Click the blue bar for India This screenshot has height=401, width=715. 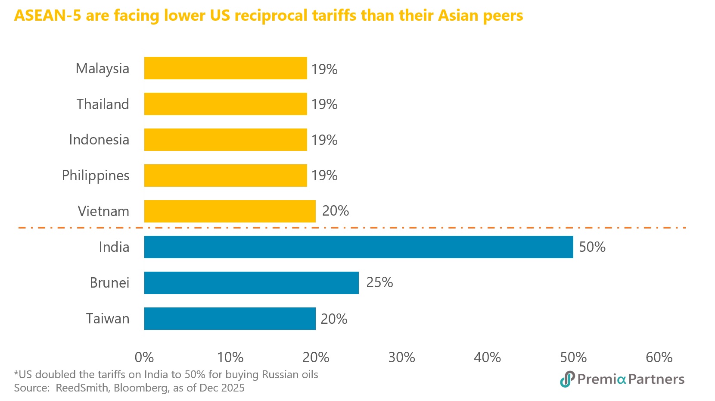(358, 247)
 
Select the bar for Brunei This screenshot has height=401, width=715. (251, 283)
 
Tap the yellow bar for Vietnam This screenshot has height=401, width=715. (230, 211)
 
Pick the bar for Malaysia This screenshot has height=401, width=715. (225, 68)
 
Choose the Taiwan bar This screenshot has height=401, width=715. (230, 319)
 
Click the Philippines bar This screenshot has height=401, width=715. (225, 175)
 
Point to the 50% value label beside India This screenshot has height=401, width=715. (592, 247)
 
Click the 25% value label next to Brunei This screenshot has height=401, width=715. (379, 282)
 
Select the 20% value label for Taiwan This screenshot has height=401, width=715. (334, 319)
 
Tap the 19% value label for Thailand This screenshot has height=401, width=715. (324, 104)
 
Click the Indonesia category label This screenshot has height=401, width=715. (99, 140)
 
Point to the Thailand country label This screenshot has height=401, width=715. (103, 104)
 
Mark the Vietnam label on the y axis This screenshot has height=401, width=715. (103, 211)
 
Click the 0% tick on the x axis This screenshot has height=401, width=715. (144, 357)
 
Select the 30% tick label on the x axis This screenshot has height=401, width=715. (401, 357)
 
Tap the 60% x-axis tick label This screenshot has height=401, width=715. (659, 357)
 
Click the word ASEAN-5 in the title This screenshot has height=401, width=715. (47, 16)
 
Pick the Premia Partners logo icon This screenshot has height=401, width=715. (567, 379)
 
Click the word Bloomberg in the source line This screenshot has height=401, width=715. (141, 388)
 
